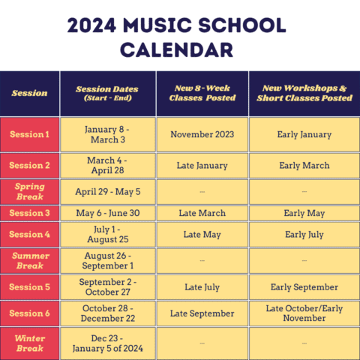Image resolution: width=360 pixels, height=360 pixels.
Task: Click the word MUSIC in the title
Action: point(166,26)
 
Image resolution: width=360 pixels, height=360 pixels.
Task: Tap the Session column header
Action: point(30,94)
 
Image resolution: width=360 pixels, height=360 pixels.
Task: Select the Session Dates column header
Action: point(108,94)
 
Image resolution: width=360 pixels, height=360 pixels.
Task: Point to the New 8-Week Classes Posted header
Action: point(202,94)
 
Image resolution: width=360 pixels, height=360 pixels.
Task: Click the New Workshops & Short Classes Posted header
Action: point(304,94)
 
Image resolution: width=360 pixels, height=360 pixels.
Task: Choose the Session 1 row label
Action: point(30,135)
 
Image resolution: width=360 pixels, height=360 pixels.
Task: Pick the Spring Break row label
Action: point(30,191)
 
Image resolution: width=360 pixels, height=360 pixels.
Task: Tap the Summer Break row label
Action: point(30,260)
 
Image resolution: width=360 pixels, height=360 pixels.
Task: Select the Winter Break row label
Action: point(30,343)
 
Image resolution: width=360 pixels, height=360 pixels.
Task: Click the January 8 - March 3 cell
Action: point(108,135)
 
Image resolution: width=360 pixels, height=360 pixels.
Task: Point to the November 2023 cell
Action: point(202,135)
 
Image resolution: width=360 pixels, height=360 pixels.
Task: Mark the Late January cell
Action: point(202,166)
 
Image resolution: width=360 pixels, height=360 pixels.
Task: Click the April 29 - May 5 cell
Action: point(108,191)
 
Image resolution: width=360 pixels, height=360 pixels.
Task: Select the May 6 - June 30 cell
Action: point(108,214)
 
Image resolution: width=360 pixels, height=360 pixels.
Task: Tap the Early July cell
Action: point(304,235)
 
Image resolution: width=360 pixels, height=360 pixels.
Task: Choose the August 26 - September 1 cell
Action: point(108,260)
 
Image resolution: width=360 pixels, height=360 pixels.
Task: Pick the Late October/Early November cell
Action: point(304,313)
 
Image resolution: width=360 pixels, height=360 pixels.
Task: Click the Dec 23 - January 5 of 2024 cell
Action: point(108,343)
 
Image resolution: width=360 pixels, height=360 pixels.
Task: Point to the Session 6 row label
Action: point(30,313)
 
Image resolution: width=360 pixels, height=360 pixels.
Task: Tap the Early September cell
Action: point(304,287)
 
